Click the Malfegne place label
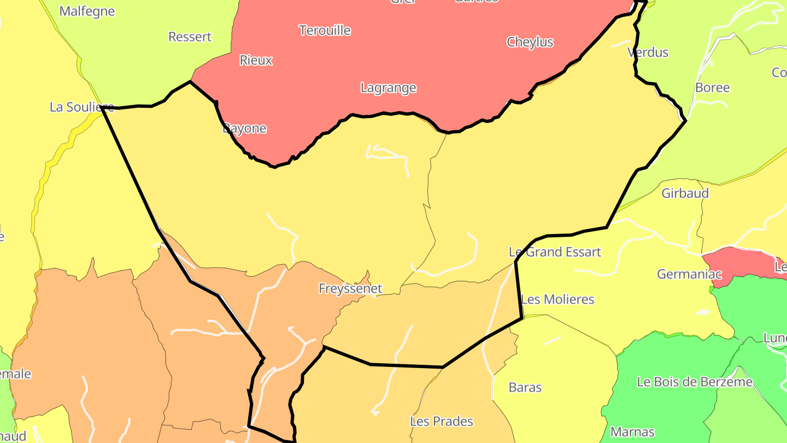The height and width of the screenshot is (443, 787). click(87, 11)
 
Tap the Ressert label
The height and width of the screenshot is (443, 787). click(190, 37)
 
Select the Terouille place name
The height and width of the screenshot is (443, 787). click(325, 30)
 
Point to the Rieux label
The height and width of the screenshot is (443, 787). click(256, 60)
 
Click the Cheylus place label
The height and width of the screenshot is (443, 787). click(530, 42)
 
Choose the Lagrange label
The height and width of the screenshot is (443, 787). click(388, 88)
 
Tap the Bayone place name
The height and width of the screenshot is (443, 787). click(244, 129)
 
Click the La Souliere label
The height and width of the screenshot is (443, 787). click(82, 107)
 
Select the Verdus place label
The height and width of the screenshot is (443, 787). click(648, 53)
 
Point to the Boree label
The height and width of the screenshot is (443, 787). click(712, 88)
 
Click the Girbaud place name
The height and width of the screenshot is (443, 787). click(685, 193)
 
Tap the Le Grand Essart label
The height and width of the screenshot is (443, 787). click(555, 252)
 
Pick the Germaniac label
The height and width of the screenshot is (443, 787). click(689, 274)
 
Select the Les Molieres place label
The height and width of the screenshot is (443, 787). click(557, 299)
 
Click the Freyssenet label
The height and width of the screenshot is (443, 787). click(350, 288)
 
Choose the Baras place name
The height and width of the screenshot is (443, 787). click(525, 387)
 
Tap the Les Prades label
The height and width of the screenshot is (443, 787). click(441, 421)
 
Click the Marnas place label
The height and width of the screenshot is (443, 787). click(632, 432)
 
